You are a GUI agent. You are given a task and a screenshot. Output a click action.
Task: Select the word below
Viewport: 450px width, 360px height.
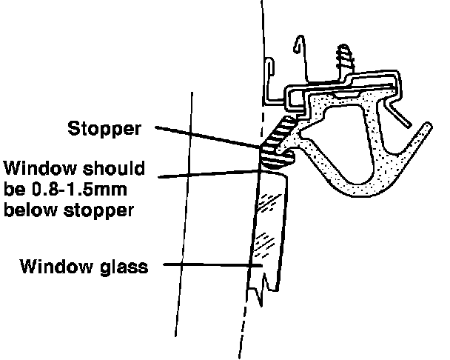point(31,210)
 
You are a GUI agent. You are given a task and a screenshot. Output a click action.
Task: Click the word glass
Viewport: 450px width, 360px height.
point(123,264)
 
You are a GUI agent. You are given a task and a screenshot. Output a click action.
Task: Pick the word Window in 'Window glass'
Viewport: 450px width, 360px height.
point(54,264)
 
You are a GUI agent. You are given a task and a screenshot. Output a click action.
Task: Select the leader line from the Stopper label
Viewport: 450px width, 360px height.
point(207,138)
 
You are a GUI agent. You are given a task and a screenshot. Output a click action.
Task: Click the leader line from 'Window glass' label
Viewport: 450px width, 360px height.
point(207,264)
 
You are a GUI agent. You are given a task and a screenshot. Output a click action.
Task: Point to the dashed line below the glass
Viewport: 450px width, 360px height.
point(243,326)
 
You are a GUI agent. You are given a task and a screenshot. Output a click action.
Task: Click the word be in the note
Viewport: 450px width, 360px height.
point(14,189)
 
